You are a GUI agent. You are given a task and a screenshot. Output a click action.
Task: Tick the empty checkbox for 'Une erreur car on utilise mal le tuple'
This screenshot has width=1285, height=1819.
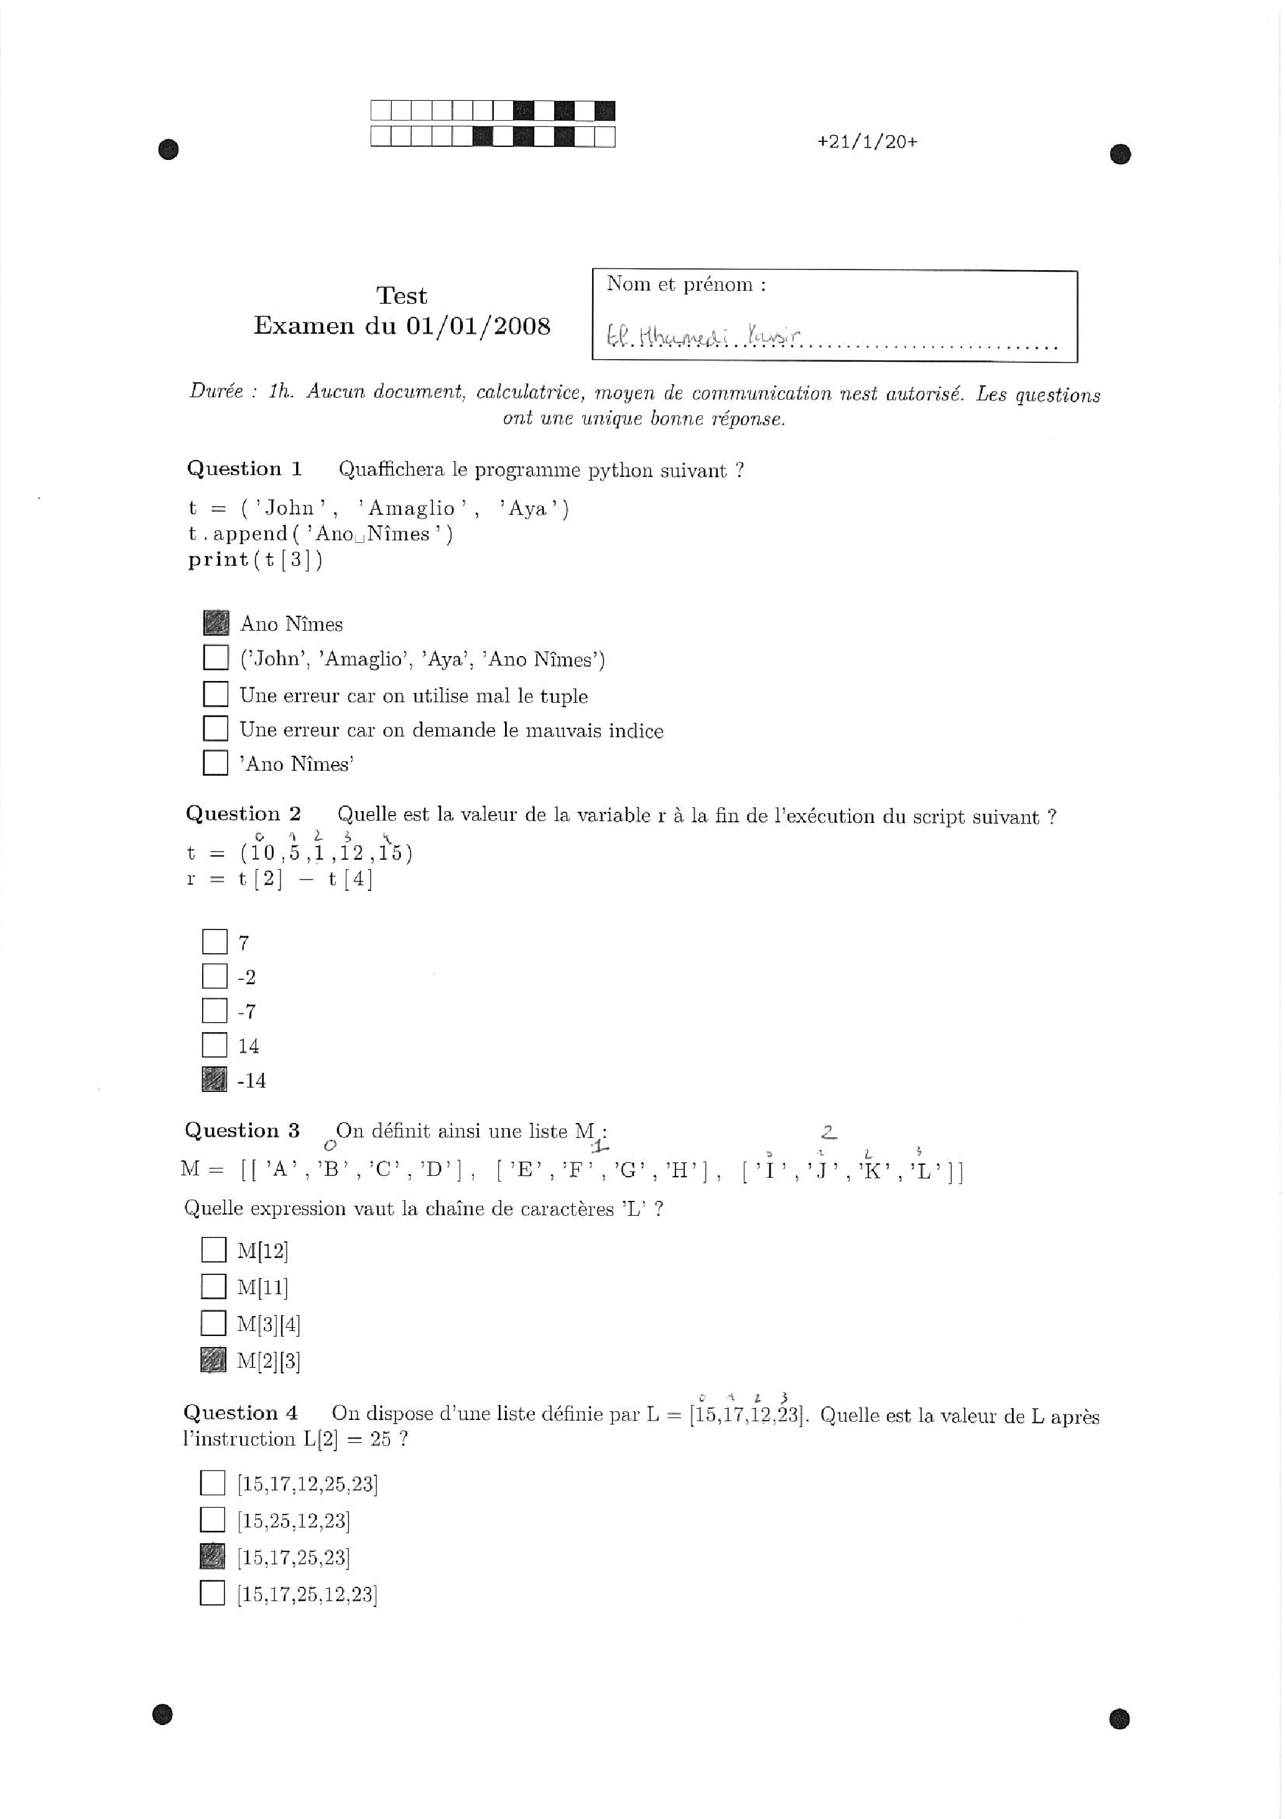(215, 694)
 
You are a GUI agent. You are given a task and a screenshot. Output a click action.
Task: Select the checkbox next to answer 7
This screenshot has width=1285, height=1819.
(214, 941)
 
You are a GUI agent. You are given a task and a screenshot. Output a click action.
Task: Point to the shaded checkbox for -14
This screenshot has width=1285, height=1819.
(214, 1079)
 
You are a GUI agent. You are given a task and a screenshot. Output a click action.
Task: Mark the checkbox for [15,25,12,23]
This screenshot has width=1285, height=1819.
(212, 1519)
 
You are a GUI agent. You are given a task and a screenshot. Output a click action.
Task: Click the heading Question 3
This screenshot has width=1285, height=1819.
(243, 1130)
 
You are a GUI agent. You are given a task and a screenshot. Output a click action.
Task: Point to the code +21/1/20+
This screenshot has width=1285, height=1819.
(867, 142)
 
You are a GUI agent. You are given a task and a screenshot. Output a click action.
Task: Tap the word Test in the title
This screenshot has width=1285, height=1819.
(401, 296)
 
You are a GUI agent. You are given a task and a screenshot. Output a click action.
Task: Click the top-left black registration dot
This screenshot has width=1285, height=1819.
(168, 149)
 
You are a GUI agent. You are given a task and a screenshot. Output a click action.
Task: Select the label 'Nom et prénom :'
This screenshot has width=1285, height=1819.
(685, 284)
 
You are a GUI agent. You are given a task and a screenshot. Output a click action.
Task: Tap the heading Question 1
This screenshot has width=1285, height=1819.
(244, 469)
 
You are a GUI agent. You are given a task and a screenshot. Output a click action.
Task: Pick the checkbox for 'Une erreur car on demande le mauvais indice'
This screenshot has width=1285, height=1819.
(215, 728)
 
